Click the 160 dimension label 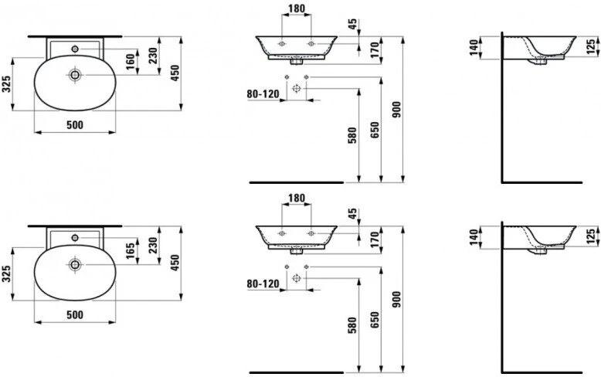point(131,61)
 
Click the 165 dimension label point(131,250)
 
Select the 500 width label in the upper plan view point(75,125)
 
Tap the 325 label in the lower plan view point(5,274)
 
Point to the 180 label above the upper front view point(297,8)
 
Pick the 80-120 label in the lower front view point(263,284)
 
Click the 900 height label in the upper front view point(396,110)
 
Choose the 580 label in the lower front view point(352,325)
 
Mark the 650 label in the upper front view point(375,130)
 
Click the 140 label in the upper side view point(474,47)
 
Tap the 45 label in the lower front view point(352,213)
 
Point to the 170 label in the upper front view point(375,49)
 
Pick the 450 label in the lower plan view point(175,263)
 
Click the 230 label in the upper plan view point(152,56)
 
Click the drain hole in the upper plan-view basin point(74,75)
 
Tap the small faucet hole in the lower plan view point(75,238)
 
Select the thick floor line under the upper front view point(297,182)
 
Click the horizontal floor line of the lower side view point(542,372)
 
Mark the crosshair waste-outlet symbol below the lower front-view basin point(297,278)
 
